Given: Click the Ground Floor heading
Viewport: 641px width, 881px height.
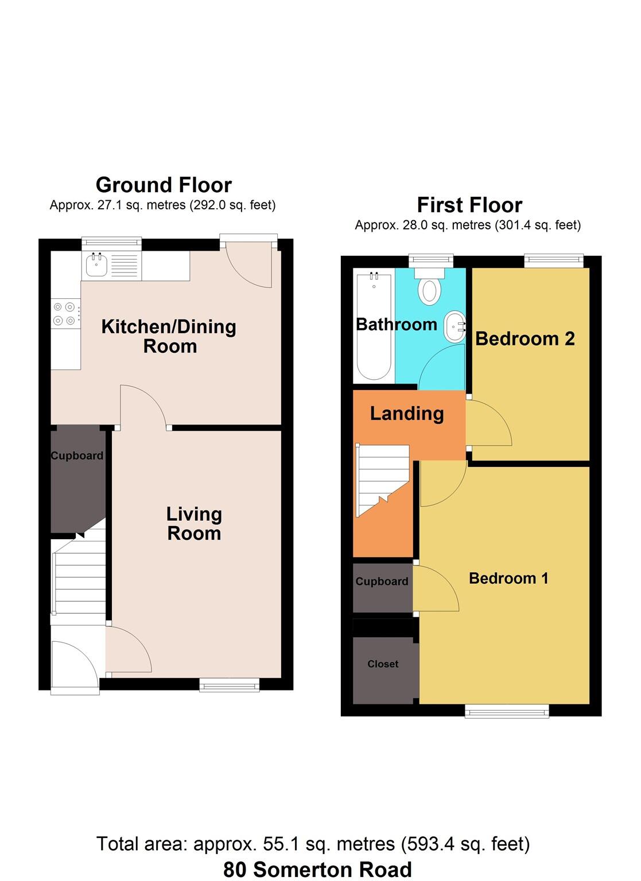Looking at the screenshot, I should pyautogui.click(x=164, y=185).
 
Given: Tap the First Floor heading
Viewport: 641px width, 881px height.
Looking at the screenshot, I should pyautogui.click(x=469, y=205).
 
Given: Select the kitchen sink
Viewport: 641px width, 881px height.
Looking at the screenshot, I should pyautogui.click(x=96, y=266).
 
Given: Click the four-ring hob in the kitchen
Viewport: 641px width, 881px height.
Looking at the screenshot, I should pyautogui.click(x=64, y=314).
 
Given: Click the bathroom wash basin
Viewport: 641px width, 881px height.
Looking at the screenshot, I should pyautogui.click(x=454, y=326).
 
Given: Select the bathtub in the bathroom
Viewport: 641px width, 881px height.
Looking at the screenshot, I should pyautogui.click(x=374, y=327).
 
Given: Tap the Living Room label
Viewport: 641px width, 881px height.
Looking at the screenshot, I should pyautogui.click(x=194, y=524).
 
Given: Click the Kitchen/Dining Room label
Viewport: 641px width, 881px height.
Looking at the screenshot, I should pyautogui.click(x=169, y=336).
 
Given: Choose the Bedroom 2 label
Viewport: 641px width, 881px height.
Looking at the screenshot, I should pyautogui.click(x=525, y=339).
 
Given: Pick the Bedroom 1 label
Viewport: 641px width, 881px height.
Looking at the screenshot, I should pyautogui.click(x=508, y=578).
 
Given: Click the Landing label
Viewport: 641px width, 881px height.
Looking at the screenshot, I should pyautogui.click(x=407, y=414).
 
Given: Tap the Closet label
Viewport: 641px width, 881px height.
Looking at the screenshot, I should pyautogui.click(x=383, y=664).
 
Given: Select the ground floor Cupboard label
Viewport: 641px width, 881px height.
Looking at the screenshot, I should pyautogui.click(x=77, y=456).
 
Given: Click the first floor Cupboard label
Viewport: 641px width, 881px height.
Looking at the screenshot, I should pyautogui.click(x=382, y=582).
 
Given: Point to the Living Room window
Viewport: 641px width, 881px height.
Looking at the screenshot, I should pyautogui.click(x=229, y=684).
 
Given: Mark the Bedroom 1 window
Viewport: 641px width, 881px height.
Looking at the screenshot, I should pyautogui.click(x=507, y=711).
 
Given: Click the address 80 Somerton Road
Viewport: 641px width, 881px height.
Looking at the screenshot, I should pyautogui.click(x=317, y=870).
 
